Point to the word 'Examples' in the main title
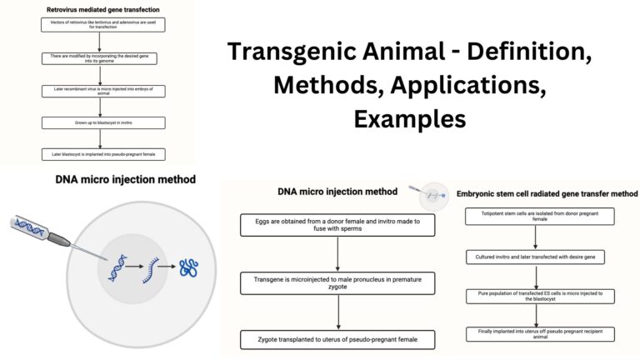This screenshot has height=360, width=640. click(x=409, y=118)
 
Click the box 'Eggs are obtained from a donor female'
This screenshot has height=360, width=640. click(x=337, y=225)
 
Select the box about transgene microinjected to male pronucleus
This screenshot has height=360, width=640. click(x=337, y=282)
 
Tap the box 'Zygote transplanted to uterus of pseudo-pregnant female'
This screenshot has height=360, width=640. click(x=337, y=339)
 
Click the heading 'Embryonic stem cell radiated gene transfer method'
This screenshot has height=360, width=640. click(x=547, y=193)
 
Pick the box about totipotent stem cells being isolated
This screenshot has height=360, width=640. click(x=538, y=217)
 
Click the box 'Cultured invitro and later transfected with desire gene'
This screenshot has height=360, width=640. click(x=538, y=257)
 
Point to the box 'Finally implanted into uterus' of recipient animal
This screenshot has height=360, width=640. click(x=538, y=333)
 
